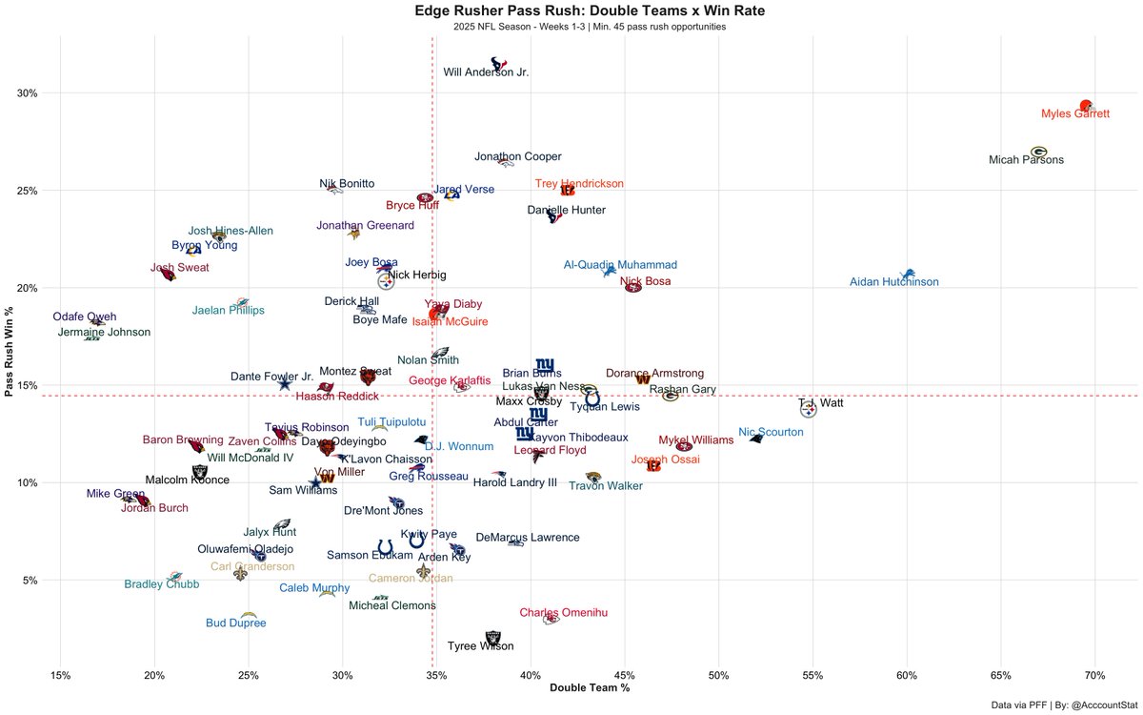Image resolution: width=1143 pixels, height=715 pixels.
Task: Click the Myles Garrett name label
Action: (x=1075, y=113)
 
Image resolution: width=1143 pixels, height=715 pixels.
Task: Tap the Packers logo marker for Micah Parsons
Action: (x=1038, y=152)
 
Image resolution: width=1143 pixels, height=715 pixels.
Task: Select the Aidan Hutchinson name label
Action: (x=893, y=282)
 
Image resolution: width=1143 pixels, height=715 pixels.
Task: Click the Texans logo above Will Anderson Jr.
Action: (x=498, y=63)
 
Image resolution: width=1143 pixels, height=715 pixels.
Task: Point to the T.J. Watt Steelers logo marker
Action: (x=808, y=411)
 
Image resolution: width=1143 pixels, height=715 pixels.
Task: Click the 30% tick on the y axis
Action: (x=28, y=93)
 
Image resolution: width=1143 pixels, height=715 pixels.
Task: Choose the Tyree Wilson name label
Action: (x=480, y=646)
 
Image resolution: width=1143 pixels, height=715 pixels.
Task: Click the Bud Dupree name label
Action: (x=235, y=623)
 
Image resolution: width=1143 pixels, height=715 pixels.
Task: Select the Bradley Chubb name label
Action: (x=162, y=584)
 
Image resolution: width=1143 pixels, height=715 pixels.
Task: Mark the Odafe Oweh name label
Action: (x=85, y=317)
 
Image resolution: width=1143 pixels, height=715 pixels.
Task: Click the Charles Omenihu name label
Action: (x=564, y=613)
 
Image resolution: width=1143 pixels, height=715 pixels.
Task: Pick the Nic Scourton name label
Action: (x=771, y=433)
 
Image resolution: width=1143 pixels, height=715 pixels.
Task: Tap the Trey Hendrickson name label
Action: (x=579, y=184)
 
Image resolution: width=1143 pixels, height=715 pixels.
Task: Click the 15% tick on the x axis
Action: (x=60, y=676)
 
